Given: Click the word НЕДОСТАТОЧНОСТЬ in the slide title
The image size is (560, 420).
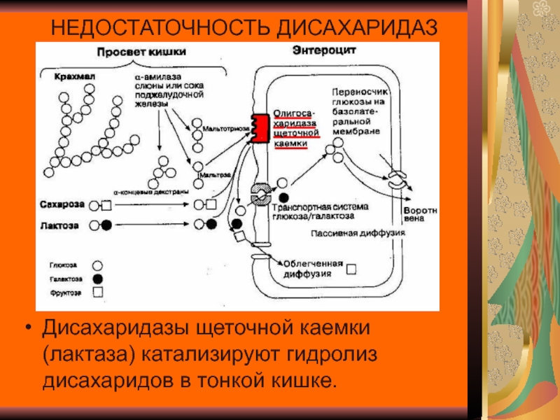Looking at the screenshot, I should pos(162,29).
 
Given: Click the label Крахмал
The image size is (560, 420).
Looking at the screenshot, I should pos(67,74).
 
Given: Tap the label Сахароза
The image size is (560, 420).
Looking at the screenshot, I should pos(63,204).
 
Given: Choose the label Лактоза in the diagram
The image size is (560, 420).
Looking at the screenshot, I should pos(60,225).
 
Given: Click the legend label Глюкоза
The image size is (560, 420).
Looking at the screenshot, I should pos(64,265).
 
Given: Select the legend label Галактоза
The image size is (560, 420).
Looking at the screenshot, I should pos(65,279).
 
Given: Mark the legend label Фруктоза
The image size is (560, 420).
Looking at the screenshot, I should pos(64,291).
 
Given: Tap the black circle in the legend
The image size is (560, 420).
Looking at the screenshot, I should pos(98,279).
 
